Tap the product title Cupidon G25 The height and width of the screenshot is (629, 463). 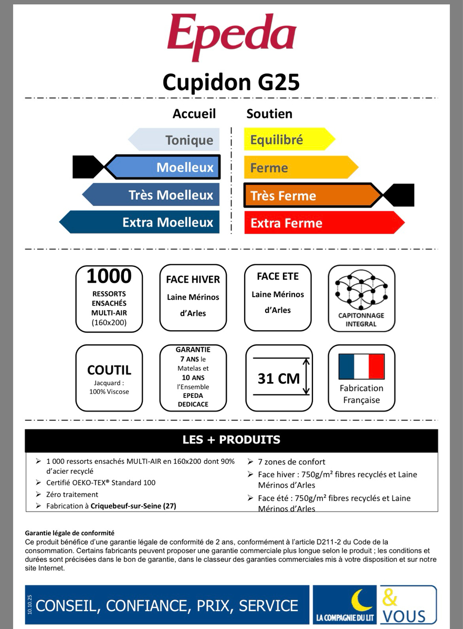(231, 82)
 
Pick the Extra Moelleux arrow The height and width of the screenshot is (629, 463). (147, 222)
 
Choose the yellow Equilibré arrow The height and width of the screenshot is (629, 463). (283, 140)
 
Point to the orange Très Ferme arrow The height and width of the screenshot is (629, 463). (310, 196)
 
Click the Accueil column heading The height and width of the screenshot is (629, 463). (194, 114)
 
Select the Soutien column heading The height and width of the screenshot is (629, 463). (269, 114)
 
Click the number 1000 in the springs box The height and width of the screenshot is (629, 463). (109, 277)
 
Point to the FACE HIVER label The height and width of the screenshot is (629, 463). (193, 279)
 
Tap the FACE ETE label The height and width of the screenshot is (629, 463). (278, 276)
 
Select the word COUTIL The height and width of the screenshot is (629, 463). (109, 370)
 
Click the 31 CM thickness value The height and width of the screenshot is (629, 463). (278, 378)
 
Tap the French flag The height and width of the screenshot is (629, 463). (361, 366)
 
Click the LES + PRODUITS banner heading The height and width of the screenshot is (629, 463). (231, 440)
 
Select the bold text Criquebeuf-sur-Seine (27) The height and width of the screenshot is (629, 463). (133, 506)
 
